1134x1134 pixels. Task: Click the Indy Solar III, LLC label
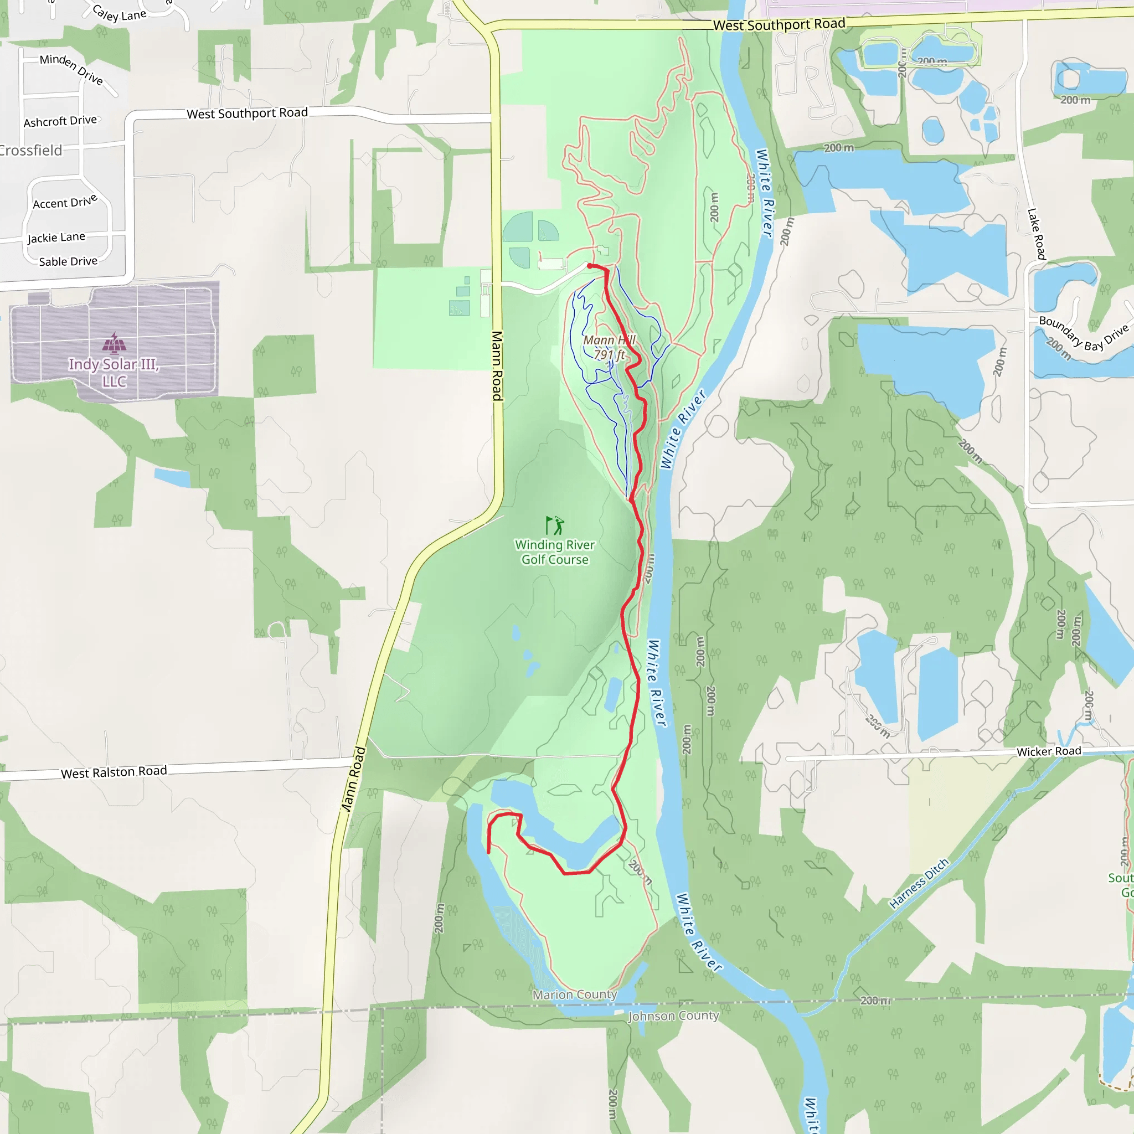pos(114,373)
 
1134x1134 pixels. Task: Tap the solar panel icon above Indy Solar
pos(114,343)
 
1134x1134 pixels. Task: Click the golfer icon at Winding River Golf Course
pos(555,525)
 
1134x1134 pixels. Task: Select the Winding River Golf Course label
pos(555,552)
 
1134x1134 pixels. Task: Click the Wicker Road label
pos(1049,752)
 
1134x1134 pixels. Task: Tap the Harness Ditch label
pos(919,884)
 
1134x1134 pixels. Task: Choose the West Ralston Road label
pos(114,772)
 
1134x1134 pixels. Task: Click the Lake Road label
pos(1037,234)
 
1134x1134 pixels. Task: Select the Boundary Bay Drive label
pos(1084,334)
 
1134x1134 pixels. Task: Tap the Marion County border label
pos(575,995)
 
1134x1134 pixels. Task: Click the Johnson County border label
pos(673,1016)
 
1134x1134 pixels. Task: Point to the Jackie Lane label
pos(56,237)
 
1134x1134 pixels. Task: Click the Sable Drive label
pos(68,262)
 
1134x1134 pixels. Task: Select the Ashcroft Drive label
pos(60,121)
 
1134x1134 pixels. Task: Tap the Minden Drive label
pos(71,69)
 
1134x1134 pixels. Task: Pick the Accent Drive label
pos(65,202)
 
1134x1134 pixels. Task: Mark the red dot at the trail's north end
pos(590,266)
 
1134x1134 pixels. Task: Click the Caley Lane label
pos(119,13)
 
